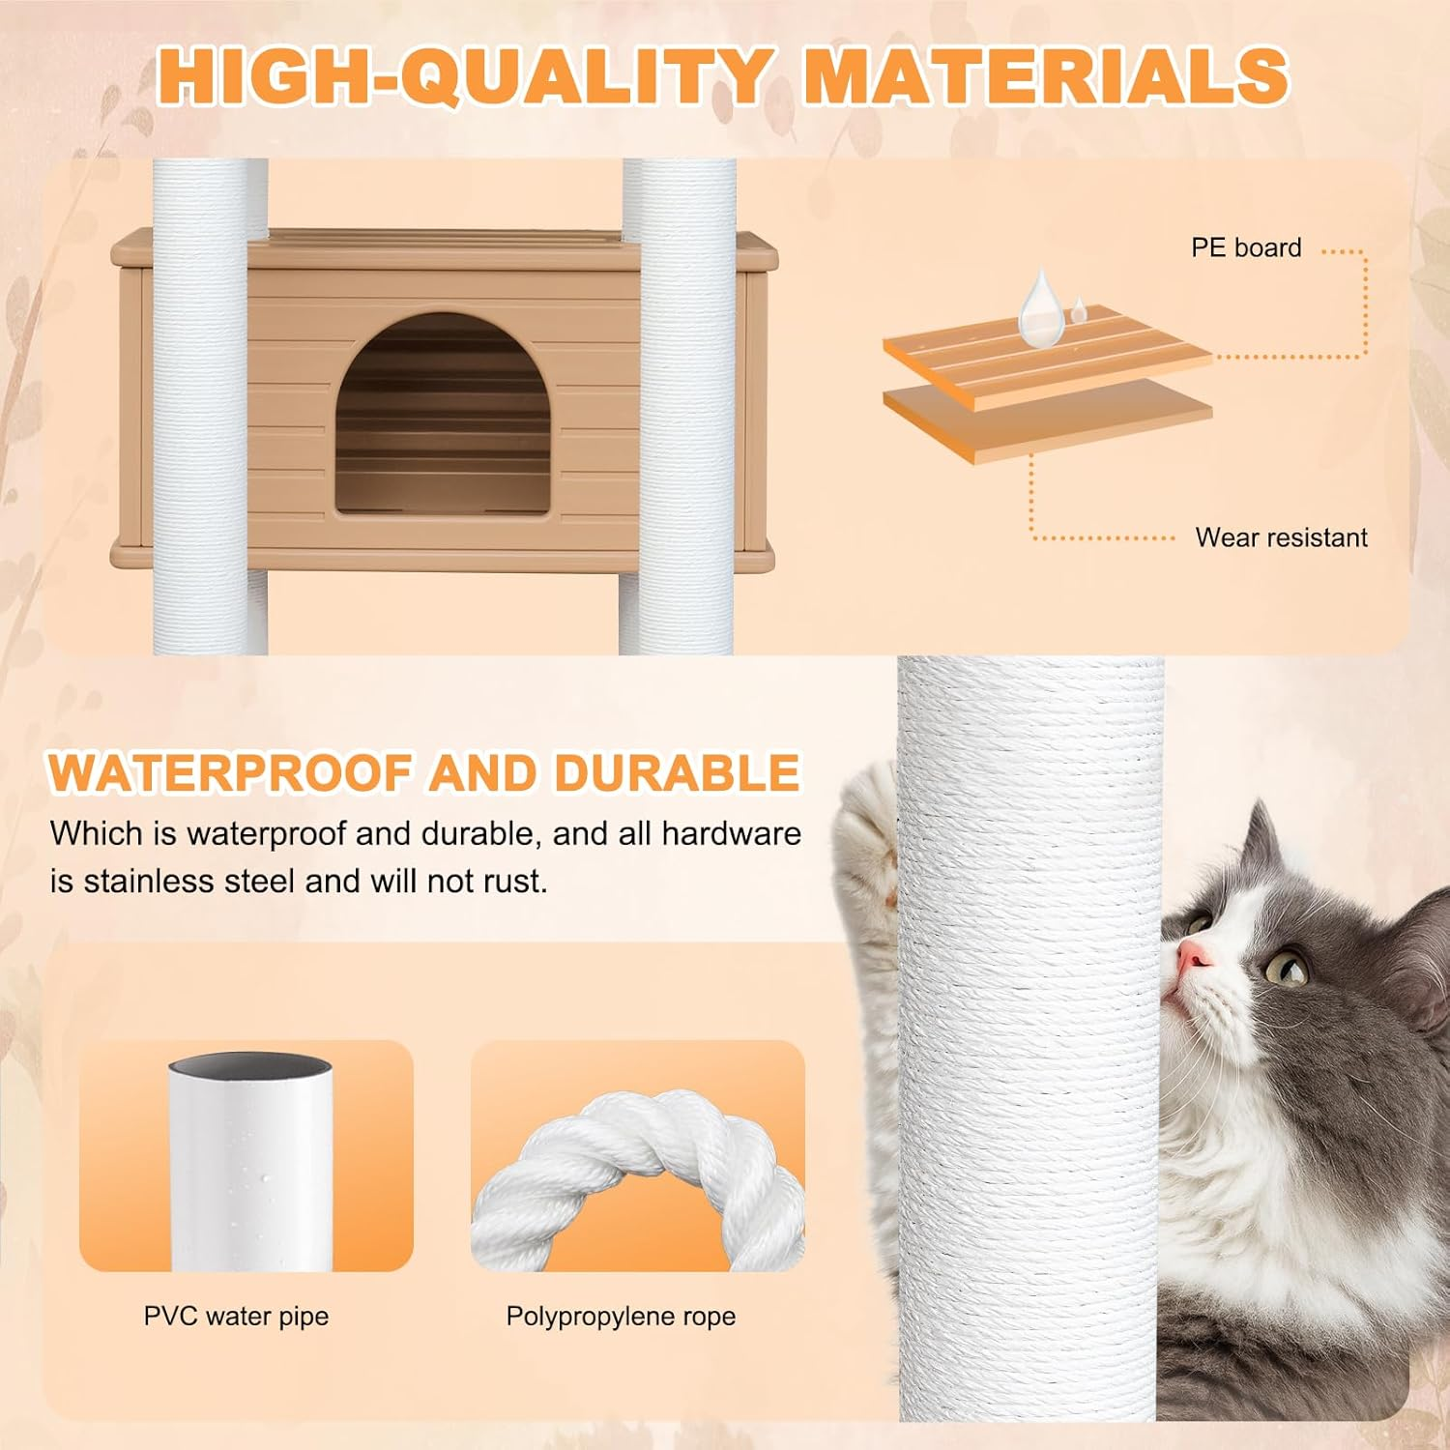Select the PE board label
[x=1245, y=248]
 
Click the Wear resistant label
[x=1281, y=537]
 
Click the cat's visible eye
[x=1286, y=966]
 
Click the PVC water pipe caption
[x=236, y=1317]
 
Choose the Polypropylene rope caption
[x=621, y=1317]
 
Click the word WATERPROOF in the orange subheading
[x=233, y=773]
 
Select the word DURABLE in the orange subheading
[x=676, y=773]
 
